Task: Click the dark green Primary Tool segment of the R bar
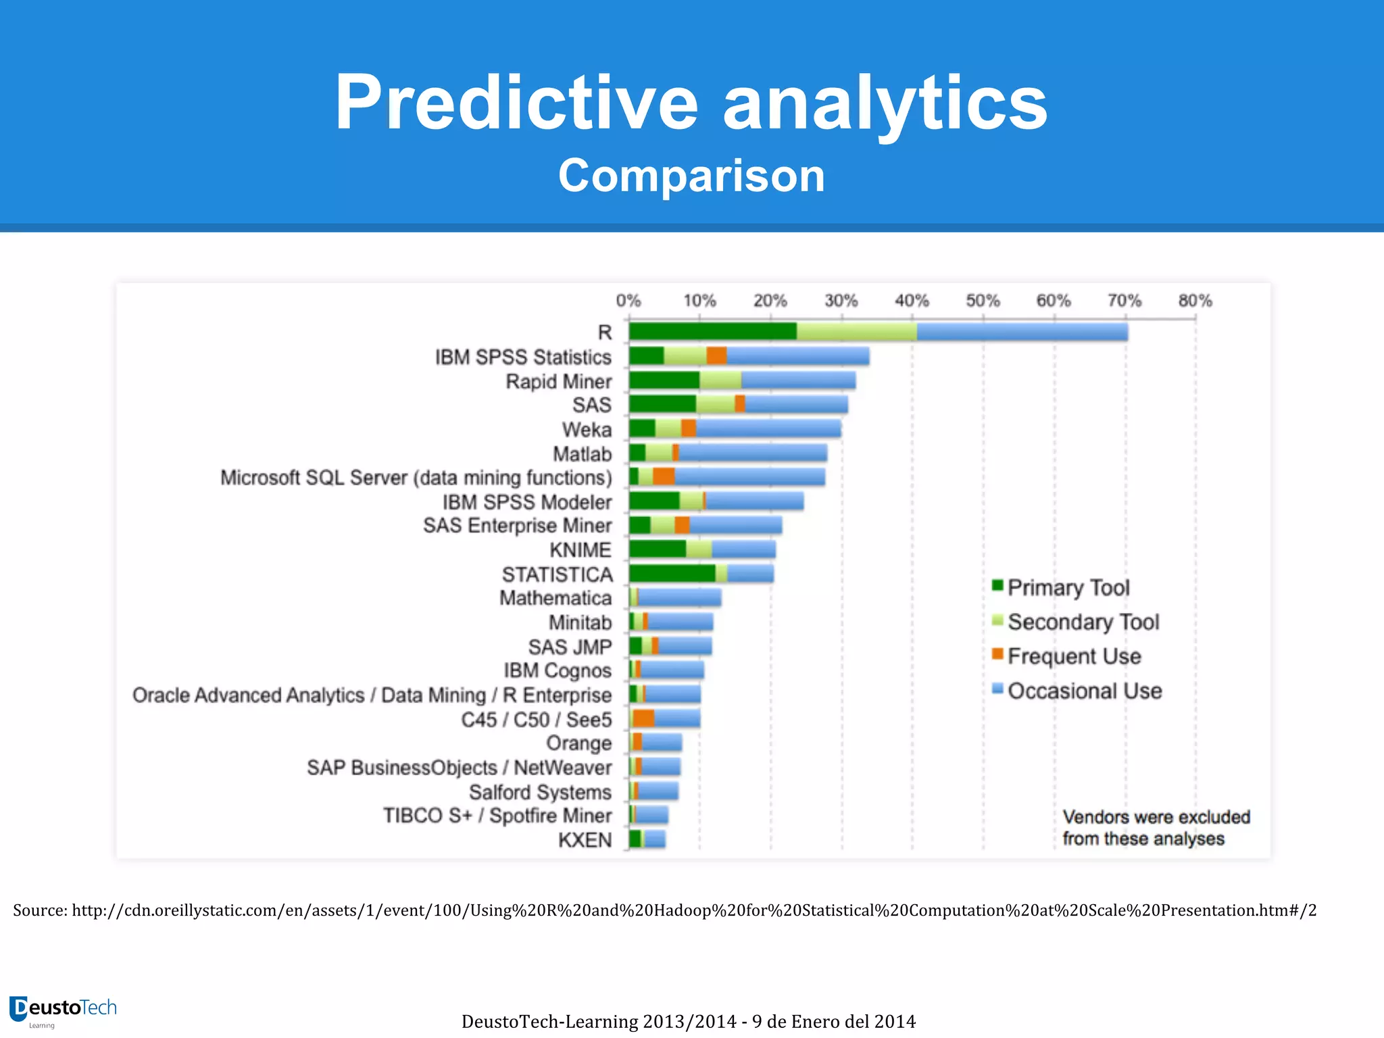(712, 332)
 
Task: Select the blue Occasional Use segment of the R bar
(1022, 332)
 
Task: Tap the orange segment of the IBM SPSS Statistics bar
(716, 356)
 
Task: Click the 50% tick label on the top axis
(983, 301)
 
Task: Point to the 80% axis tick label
(1195, 301)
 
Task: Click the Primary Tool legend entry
(1068, 588)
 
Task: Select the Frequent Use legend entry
(1073, 656)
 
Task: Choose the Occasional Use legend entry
(1084, 691)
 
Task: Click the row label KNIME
(580, 550)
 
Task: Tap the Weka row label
(587, 430)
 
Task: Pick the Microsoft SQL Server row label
(416, 478)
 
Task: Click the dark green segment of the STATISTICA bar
(672, 574)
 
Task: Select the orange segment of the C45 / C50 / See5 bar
(643, 718)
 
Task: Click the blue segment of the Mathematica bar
(679, 597)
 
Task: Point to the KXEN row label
(585, 840)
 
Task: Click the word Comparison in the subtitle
(691, 176)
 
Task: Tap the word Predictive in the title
(516, 103)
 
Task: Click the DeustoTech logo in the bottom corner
(63, 1010)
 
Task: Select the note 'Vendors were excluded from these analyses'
(1156, 828)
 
